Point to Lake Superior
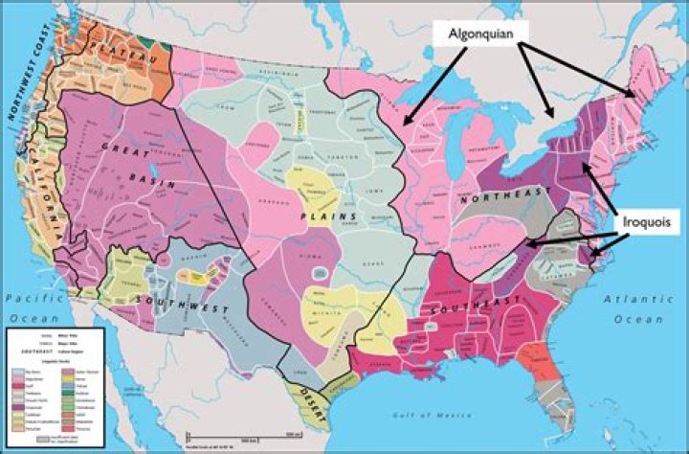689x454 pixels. pyautogui.click(x=421, y=90)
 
